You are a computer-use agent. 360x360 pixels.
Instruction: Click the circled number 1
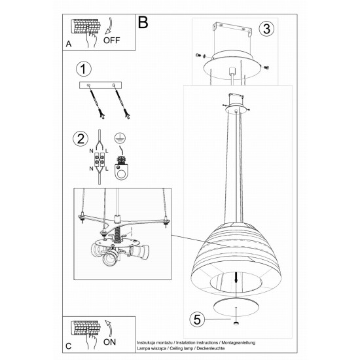coord(83,69)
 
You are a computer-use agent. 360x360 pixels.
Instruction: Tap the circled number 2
coord(81,139)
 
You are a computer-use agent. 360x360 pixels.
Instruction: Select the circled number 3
coord(266,29)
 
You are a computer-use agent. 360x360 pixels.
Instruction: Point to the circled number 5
coord(197,319)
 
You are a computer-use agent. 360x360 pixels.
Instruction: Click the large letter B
coord(143,22)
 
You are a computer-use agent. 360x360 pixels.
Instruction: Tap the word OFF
coord(111,40)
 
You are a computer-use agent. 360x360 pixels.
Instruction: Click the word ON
coord(109,342)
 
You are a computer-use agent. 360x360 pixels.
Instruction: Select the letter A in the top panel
coord(69,44)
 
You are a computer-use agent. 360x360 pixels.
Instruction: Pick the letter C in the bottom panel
coord(69,346)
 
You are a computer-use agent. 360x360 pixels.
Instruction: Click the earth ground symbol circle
coord(120,137)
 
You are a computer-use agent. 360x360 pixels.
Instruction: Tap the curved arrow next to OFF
coord(109,26)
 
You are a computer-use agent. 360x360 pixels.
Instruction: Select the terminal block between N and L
coord(99,159)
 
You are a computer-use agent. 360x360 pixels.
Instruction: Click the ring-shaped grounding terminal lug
coord(121,171)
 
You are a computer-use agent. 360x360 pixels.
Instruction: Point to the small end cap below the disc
coord(236,323)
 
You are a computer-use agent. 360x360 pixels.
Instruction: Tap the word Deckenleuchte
coord(211,348)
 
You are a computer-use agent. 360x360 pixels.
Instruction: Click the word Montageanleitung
coord(238,343)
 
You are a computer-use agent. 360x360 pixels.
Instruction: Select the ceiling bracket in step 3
coord(232,29)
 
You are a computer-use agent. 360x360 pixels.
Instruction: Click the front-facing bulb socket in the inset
coord(110,258)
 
